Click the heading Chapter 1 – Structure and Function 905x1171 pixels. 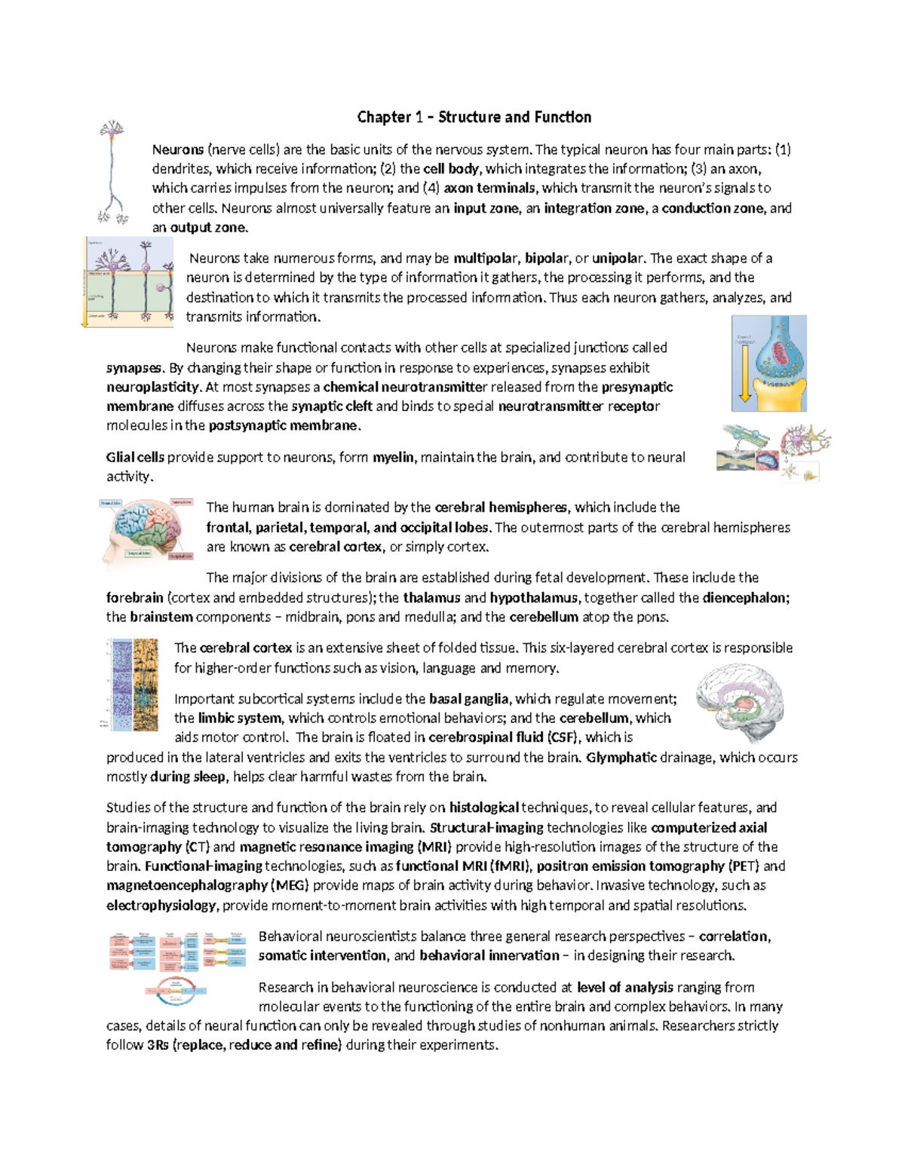[x=474, y=117]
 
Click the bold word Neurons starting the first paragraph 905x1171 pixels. [x=178, y=149]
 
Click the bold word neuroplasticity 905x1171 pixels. [x=153, y=387]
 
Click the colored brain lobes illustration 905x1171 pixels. [x=148, y=530]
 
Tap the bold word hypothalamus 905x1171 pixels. [x=534, y=598]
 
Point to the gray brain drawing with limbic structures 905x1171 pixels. [x=741, y=704]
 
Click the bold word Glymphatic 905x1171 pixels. [x=621, y=757]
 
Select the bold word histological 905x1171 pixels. [x=483, y=808]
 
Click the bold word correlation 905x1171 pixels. [x=733, y=936]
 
